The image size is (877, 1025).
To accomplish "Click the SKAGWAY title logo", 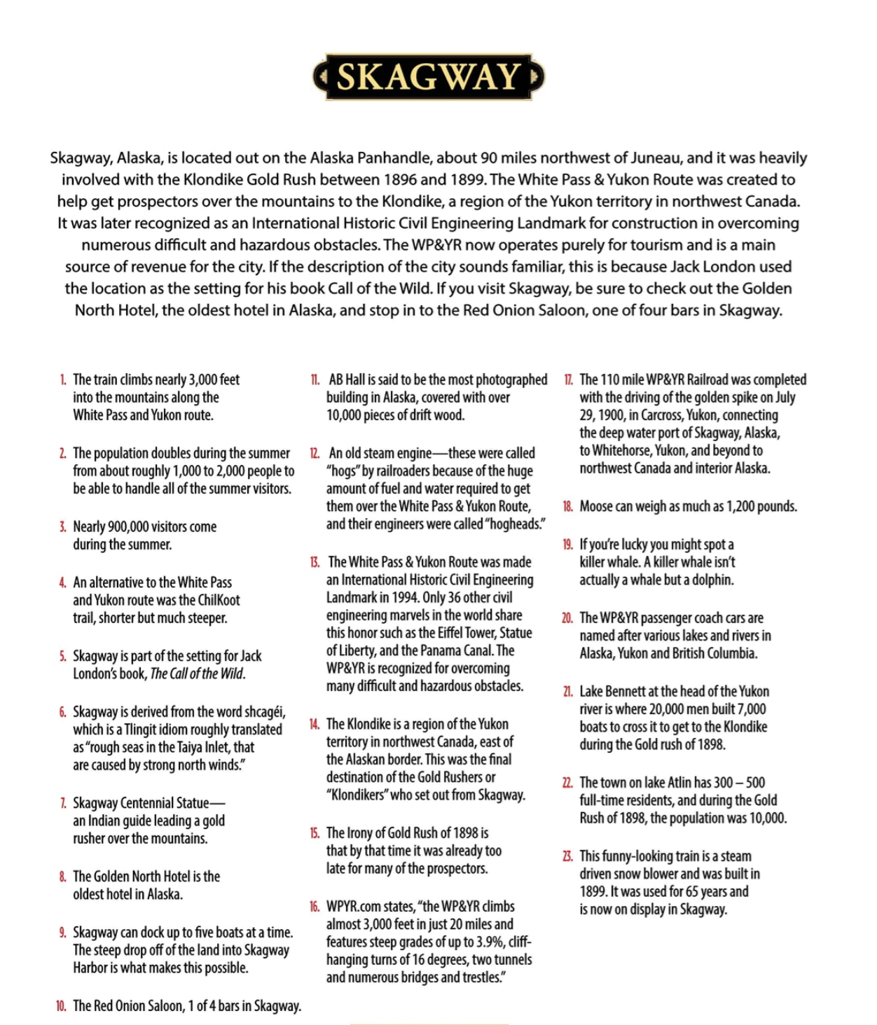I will pyautogui.click(x=428, y=76).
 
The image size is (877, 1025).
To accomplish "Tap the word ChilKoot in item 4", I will pyautogui.click(x=219, y=600).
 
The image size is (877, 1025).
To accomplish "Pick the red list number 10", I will pyautogui.click(x=62, y=1006).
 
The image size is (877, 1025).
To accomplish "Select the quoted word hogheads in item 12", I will pyautogui.click(x=515, y=524).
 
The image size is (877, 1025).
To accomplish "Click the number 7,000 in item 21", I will pyautogui.click(x=750, y=709).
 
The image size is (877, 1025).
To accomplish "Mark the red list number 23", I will pyautogui.click(x=567, y=856).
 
